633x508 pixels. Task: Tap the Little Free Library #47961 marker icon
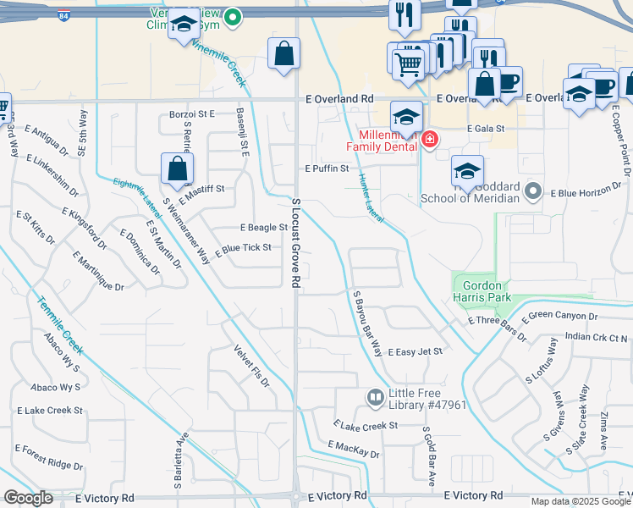point(375,397)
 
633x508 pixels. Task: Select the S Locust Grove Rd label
point(295,242)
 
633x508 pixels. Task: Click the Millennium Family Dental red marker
point(430,139)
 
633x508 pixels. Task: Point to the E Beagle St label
point(264,228)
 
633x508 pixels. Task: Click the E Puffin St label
point(328,168)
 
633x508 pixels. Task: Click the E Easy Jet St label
point(415,351)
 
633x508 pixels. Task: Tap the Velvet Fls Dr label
point(252,366)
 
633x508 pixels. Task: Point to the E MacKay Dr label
point(354,450)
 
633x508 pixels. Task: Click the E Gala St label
point(486,129)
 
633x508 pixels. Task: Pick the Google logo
point(28,498)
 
